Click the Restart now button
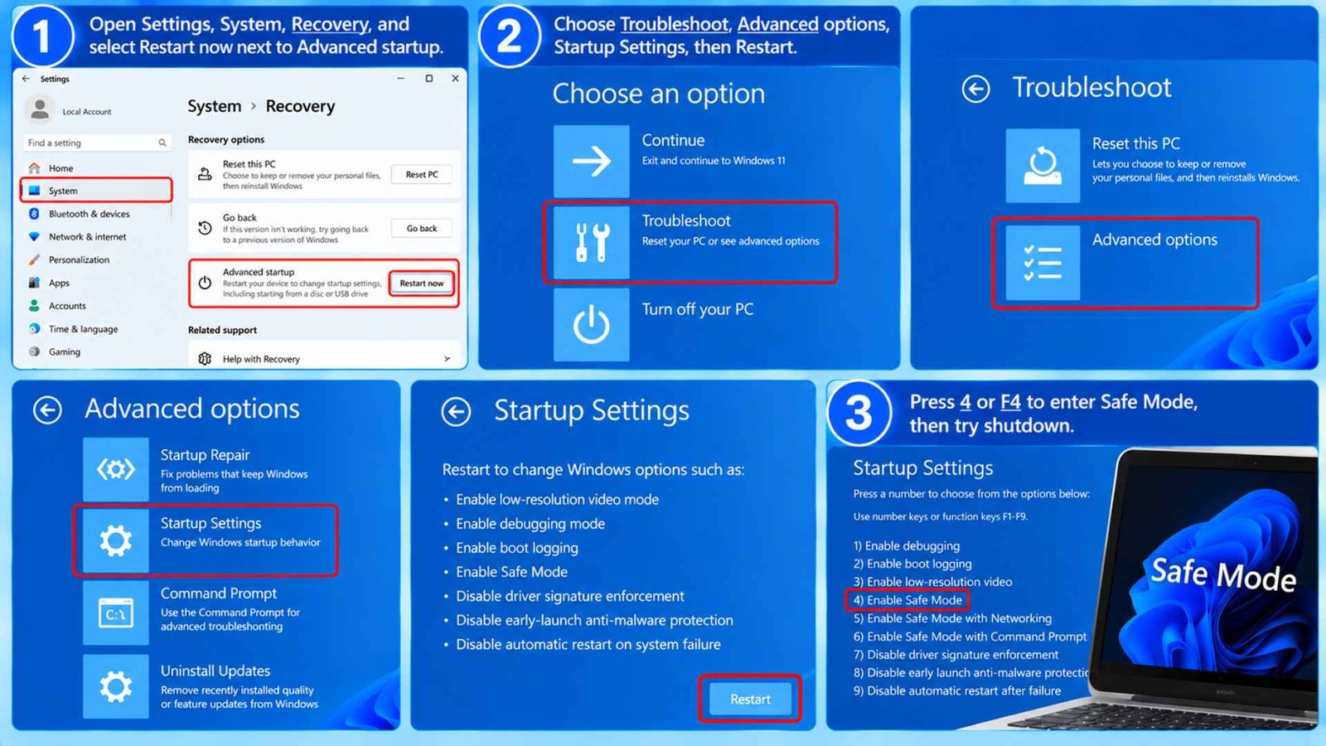click(422, 283)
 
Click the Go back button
click(422, 228)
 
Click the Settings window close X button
click(455, 78)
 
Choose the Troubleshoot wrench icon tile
click(592, 242)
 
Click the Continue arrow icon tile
click(592, 161)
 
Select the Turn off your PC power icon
click(592, 324)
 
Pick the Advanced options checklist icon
click(1043, 263)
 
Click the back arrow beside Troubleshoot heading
click(975, 89)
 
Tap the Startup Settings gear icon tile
click(116, 540)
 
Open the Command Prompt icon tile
click(116, 613)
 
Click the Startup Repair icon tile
click(116, 469)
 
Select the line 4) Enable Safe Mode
click(907, 600)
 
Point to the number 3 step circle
click(859, 413)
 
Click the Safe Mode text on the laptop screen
click(1223, 574)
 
